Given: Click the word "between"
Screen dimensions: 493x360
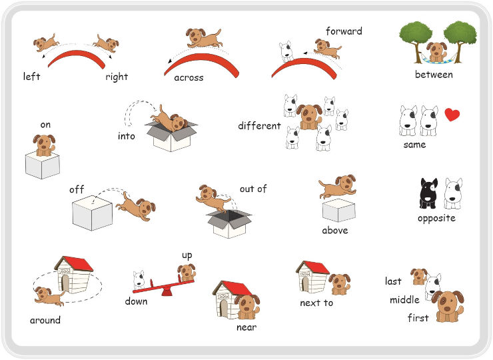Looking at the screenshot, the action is click(434, 75).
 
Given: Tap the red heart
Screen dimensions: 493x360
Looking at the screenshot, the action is click(452, 115).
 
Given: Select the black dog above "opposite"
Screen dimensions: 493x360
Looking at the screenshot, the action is click(428, 193).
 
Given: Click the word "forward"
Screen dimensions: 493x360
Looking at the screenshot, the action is click(344, 31).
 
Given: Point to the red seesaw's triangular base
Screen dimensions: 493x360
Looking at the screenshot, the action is click(167, 292).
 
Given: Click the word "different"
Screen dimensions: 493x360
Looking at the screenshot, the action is click(259, 125).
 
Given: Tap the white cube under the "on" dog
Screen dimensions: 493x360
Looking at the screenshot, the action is click(43, 165).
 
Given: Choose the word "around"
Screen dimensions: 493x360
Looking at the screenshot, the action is click(45, 320).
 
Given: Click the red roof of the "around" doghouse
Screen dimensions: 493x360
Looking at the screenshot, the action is click(78, 263).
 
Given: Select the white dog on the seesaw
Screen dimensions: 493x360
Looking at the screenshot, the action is click(139, 279).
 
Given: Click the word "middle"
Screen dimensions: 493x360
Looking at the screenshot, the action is click(404, 299).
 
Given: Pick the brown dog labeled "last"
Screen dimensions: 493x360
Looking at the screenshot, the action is click(419, 276).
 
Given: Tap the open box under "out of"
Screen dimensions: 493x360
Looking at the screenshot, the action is click(229, 224).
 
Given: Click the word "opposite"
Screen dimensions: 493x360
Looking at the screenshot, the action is click(437, 219).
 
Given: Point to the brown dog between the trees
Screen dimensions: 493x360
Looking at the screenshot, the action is click(436, 52).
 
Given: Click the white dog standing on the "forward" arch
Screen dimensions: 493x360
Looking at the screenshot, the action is click(286, 51).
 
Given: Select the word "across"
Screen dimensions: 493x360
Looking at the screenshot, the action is click(189, 77).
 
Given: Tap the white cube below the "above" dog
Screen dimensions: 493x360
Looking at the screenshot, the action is click(338, 210).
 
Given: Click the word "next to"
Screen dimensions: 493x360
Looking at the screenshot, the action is click(316, 303).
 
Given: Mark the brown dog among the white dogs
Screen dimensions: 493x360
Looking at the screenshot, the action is click(309, 117).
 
